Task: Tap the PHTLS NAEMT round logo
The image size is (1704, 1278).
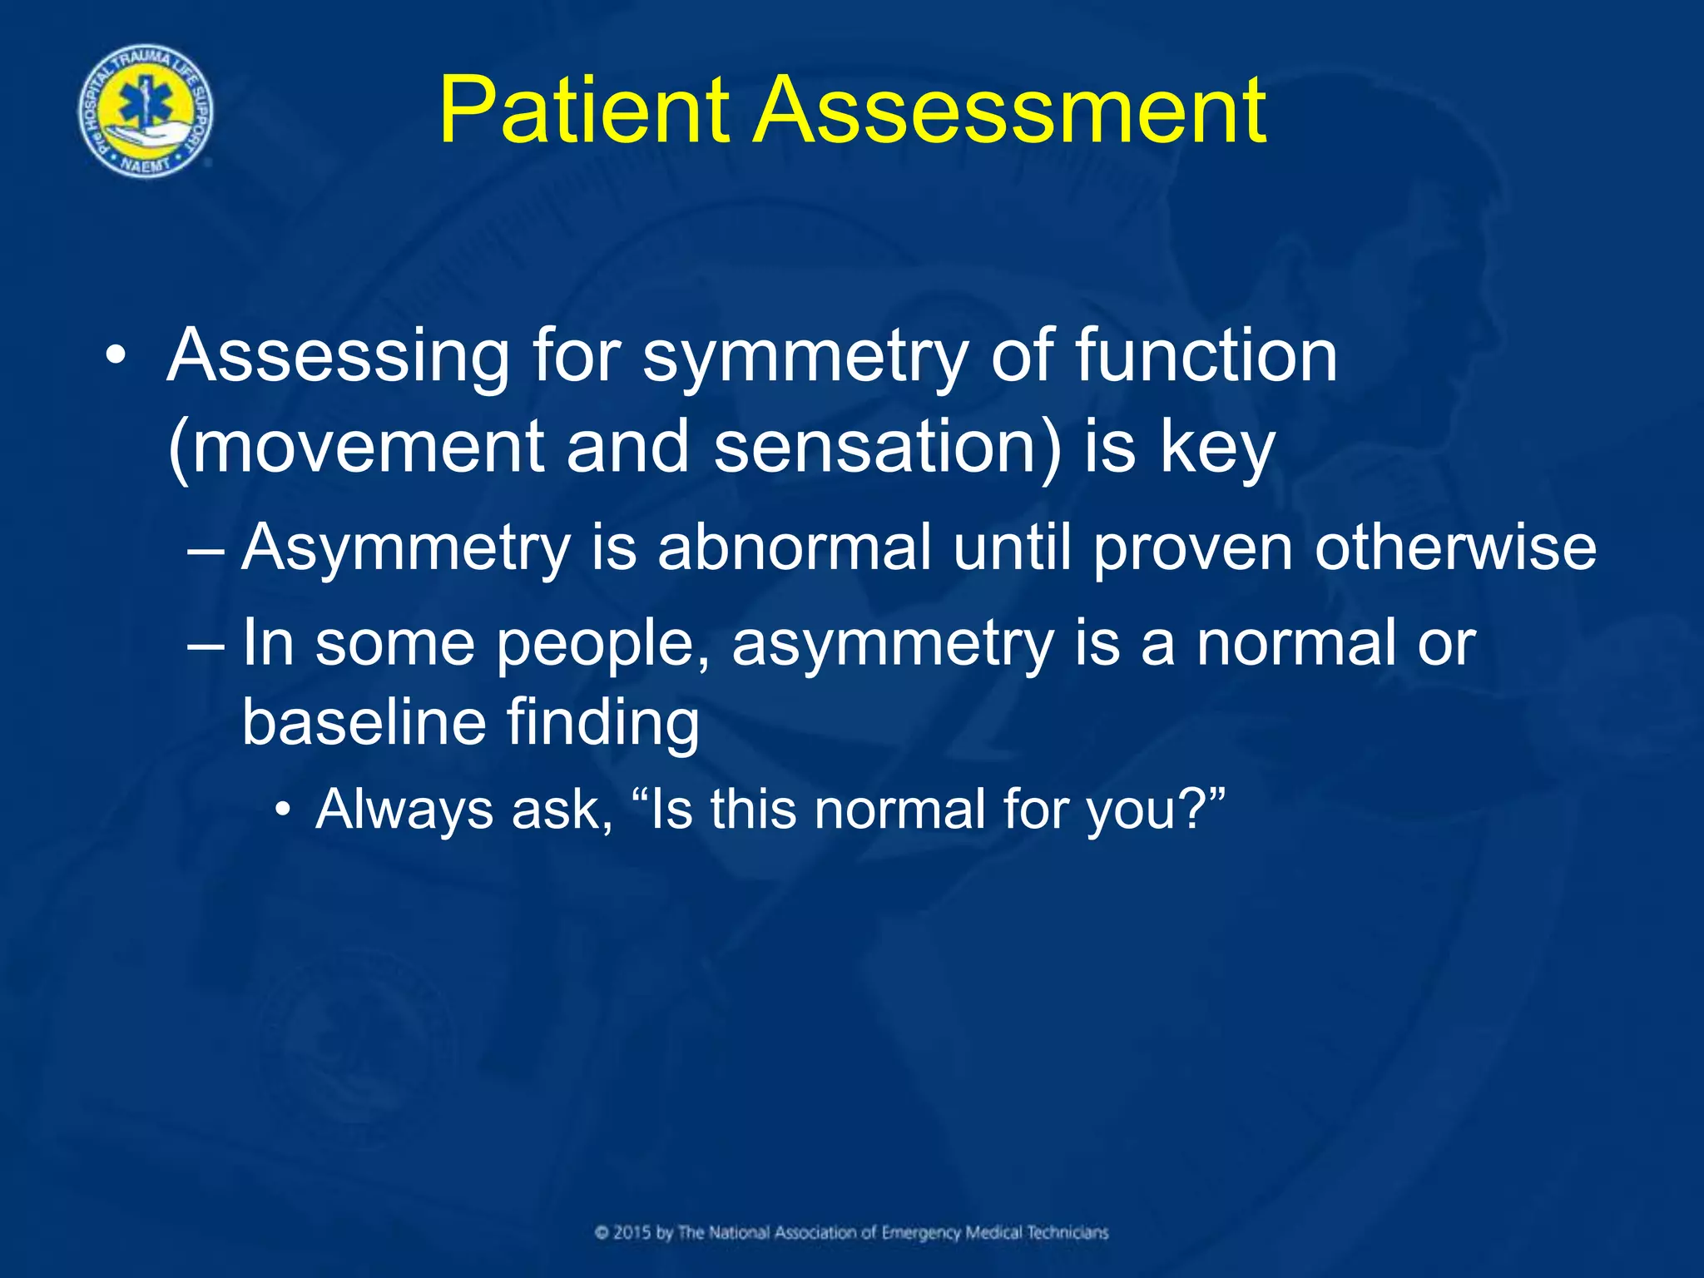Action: tap(146, 111)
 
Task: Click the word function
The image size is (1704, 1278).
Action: tap(1206, 355)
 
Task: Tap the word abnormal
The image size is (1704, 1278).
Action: tap(795, 547)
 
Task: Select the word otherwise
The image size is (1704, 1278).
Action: tap(1455, 547)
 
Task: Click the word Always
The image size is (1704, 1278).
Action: tap(403, 810)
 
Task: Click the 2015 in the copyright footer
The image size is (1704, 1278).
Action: tap(632, 1232)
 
